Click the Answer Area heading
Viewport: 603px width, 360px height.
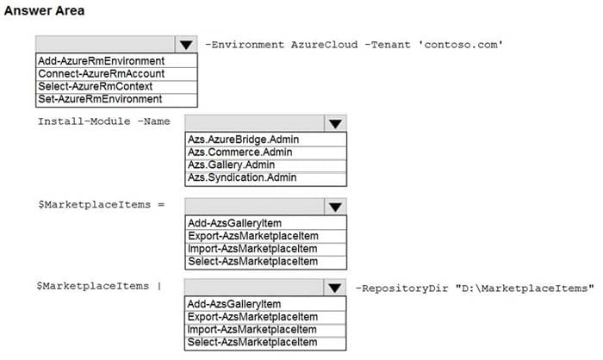click(x=44, y=10)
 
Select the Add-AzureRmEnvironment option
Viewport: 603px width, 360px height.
click(x=101, y=61)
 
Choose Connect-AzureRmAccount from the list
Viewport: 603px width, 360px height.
click(x=101, y=73)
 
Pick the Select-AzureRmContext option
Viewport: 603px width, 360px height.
click(x=95, y=86)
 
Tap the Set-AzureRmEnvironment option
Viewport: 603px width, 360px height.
click(x=100, y=99)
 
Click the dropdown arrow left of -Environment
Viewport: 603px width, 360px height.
click(x=186, y=44)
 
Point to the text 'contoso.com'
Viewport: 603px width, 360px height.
click(x=460, y=45)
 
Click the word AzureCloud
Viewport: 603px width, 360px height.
click(x=324, y=45)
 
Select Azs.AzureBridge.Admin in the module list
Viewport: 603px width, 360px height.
click(x=243, y=140)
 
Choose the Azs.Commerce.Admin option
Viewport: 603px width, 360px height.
click(x=240, y=152)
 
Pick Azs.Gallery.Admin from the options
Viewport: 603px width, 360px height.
click(x=231, y=164)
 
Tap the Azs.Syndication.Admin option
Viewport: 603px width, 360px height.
click(x=242, y=177)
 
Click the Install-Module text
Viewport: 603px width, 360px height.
click(x=84, y=121)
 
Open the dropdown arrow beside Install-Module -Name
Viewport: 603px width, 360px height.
click(x=335, y=123)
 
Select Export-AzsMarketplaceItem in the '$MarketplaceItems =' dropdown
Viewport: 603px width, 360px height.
click(x=253, y=236)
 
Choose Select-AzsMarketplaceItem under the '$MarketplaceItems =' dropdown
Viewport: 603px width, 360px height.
click(x=252, y=261)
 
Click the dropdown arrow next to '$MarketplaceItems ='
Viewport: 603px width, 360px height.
click(x=335, y=207)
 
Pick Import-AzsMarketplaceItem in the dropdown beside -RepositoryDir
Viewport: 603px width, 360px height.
click(x=252, y=330)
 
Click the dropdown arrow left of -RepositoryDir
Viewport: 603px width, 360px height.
click(x=334, y=288)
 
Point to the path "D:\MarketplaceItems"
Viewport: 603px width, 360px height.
click(x=525, y=288)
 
